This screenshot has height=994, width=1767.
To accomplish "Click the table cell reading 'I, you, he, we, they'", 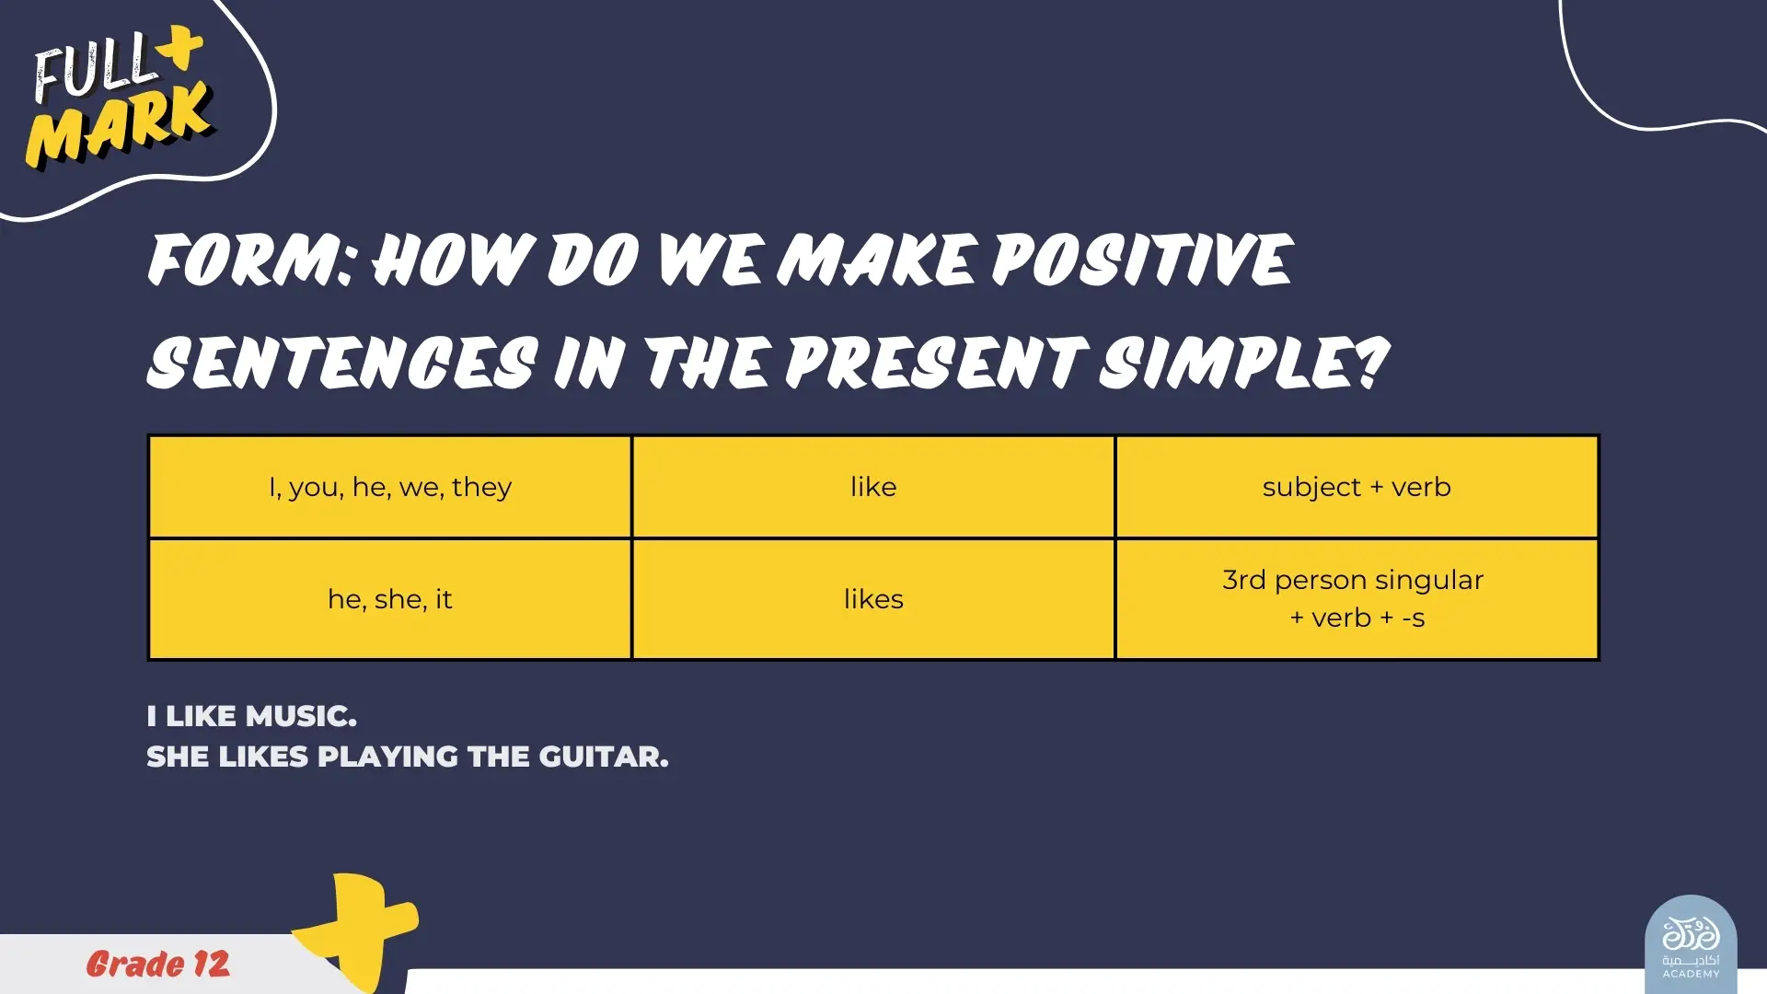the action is point(390,487).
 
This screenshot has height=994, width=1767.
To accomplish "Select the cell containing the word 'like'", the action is point(873,487).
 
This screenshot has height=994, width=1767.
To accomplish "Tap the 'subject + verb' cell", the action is point(1357,487).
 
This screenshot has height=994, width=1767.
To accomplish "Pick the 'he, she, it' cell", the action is point(390,599).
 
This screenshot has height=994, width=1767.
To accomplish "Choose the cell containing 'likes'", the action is point(873,599).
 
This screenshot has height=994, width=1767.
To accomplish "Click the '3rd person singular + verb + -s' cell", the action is point(1357,599).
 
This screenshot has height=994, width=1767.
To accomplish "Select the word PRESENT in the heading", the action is point(934,362).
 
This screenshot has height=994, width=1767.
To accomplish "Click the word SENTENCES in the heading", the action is point(342,362).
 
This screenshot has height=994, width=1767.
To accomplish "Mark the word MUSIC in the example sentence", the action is point(301,716).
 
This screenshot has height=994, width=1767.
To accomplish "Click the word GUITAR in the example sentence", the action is point(604,757).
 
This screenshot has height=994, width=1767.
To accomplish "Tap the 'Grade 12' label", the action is point(158,964).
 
